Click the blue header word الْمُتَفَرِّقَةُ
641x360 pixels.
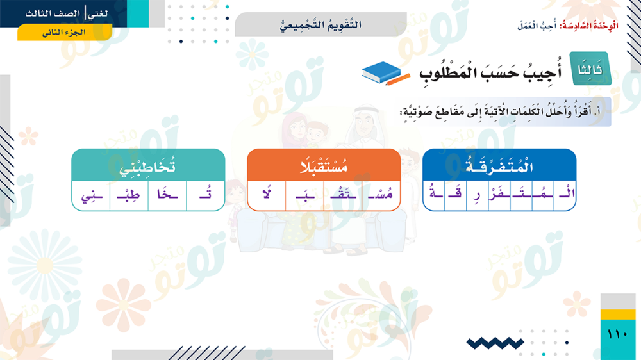(499, 167)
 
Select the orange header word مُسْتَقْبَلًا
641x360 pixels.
(324, 167)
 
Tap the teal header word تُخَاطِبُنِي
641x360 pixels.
(147, 167)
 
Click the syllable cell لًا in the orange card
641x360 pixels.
(267, 195)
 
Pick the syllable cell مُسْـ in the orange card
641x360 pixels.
(381, 195)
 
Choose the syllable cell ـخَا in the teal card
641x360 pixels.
(167, 195)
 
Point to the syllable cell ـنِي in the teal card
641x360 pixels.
(91, 195)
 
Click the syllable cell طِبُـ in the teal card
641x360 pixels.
(129, 195)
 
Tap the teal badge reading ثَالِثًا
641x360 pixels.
(590, 69)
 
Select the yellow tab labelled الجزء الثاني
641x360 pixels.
(65, 32)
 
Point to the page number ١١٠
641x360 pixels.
(618, 334)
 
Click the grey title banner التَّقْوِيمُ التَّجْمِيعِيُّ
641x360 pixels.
(321, 24)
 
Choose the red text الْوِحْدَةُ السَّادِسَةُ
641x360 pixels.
(588, 26)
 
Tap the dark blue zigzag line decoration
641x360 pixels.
(495, 343)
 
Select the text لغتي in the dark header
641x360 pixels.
(98, 13)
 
